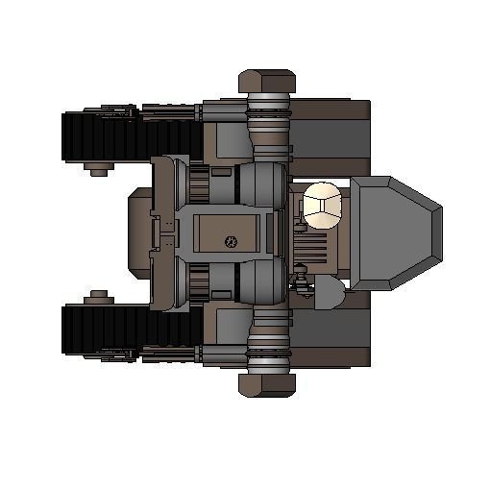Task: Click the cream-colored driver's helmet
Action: click(x=323, y=204)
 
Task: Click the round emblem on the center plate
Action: click(x=230, y=240)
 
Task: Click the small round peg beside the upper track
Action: click(x=96, y=171)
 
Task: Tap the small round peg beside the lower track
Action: click(x=96, y=296)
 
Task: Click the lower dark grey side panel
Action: click(x=330, y=331)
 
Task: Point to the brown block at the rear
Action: click(x=138, y=232)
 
